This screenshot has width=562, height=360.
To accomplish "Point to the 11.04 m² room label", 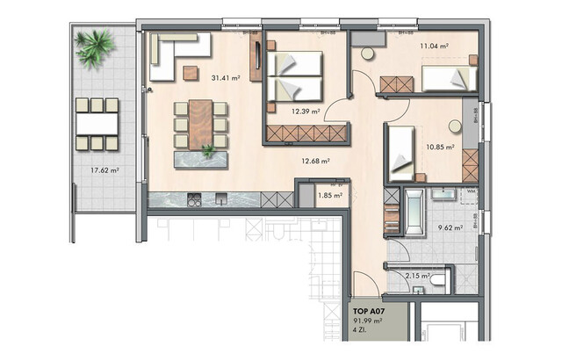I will pyautogui.click(x=434, y=46).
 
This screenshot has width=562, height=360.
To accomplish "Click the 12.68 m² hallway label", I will pyautogui.click(x=314, y=161).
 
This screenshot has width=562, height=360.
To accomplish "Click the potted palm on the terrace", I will pyautogui.click(x=93, y=48).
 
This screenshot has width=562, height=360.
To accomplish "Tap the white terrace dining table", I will pyautogui.click(x=97, y=124).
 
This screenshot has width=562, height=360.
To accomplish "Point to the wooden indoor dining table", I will pyautogui.click(x=200, y=123).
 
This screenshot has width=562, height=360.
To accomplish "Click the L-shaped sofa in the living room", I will pyautogui.click(x=176, y=54).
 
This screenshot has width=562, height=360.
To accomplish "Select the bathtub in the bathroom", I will pyautogui.click(x=412, y=210).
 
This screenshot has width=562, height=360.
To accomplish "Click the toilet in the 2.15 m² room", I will pyautogui.click(x=436, y=280).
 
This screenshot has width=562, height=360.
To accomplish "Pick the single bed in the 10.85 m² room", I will pyautogui.click(x=401, y=152).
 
